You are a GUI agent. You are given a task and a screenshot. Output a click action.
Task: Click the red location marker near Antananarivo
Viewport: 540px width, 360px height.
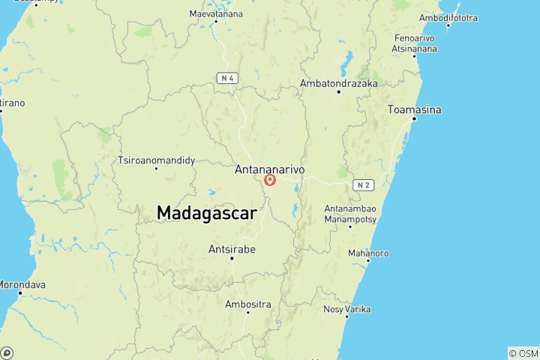[271, 180]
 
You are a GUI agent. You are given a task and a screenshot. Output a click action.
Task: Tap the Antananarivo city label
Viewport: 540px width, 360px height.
[270, 170]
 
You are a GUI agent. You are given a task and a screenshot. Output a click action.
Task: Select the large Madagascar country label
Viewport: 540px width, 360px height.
[207, 213]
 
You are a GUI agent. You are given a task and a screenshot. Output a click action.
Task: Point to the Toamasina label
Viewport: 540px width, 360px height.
[414, 110]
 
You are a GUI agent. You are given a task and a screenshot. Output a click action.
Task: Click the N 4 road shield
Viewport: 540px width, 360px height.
[228, 77]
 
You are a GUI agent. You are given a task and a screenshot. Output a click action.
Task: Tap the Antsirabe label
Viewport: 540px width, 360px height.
[232, 249]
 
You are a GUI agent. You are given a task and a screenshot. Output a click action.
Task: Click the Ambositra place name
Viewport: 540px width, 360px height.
[248, 304]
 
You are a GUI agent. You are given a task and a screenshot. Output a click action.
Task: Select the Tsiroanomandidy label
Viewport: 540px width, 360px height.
[157, 160]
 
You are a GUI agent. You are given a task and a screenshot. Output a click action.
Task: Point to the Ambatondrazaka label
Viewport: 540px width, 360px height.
[338, 83]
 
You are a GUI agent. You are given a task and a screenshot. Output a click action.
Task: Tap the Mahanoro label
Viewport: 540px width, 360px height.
[367, 253]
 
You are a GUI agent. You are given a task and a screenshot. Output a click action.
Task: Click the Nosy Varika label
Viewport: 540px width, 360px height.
[346, 309]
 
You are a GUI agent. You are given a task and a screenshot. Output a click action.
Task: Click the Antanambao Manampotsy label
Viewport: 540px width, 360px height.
[350, 214]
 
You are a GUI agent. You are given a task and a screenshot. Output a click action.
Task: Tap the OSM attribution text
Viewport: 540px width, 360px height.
[523, 352]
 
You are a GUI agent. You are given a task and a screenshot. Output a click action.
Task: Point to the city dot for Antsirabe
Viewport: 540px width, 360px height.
[232, 259]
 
